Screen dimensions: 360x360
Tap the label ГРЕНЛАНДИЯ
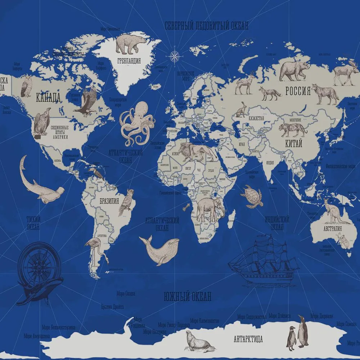129,60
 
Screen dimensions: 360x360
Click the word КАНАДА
48,96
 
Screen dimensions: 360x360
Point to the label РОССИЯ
298,91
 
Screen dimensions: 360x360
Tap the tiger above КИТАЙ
292,130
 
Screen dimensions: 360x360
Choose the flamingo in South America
96,248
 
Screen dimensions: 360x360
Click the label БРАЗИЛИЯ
109,201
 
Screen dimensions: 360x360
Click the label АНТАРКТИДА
248,339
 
